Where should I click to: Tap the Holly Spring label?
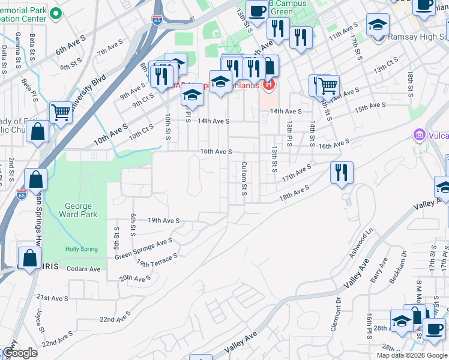point(80,249)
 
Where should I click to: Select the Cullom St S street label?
point(244,178)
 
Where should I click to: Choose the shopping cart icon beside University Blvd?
point(61,111)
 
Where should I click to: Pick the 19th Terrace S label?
point(157,260)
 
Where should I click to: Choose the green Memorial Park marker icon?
point(55,13)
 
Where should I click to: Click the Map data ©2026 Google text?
point(412,355)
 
